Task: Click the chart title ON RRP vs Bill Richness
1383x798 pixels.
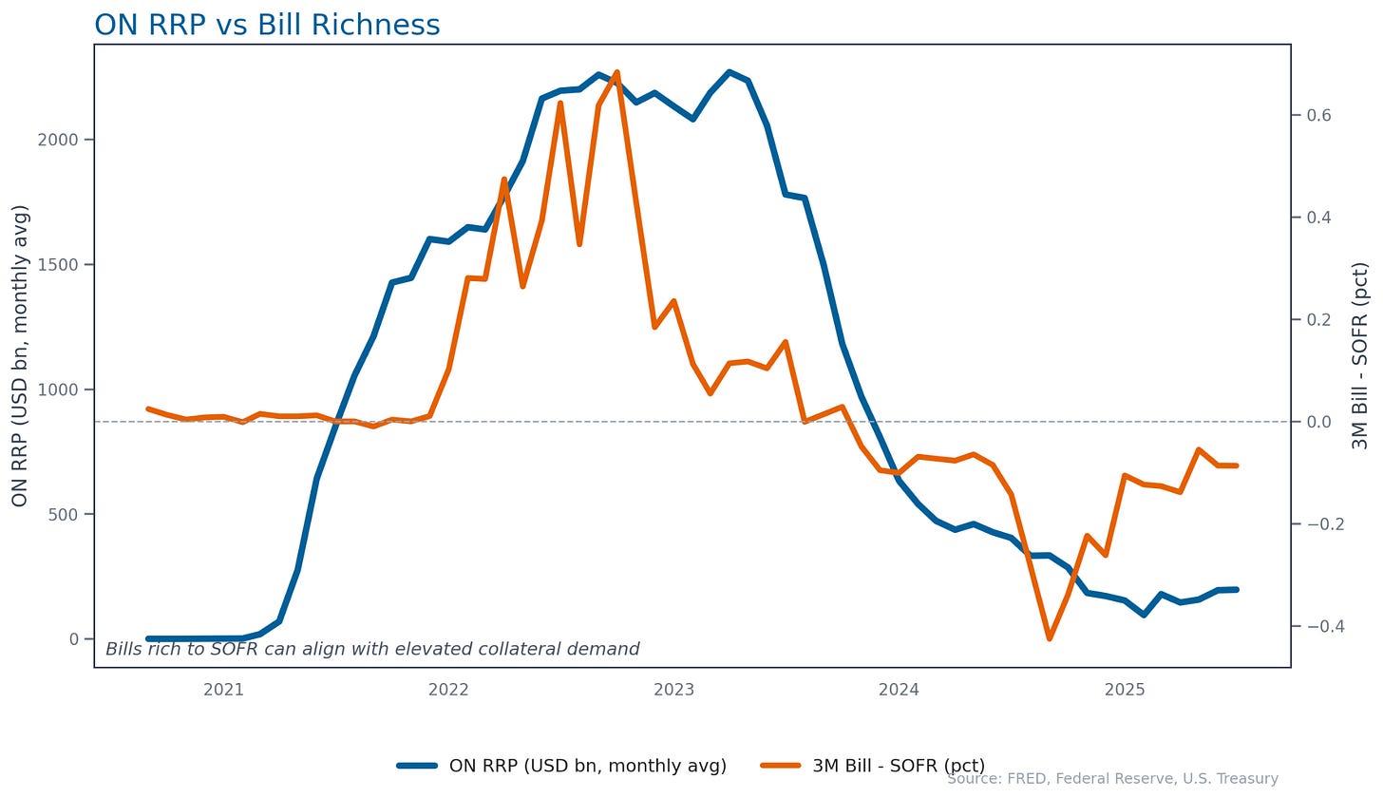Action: [x=267, y=26]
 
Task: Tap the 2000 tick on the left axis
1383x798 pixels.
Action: [x=58, y=140]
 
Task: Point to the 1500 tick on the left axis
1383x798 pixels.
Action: [x=58, y=265]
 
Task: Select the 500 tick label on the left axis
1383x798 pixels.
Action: [x=64, y=515]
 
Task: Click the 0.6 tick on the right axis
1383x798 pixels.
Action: [x=1318, y=116]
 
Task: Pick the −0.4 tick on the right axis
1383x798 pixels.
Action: [x=1313, y=626]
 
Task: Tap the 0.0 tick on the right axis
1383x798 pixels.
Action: [x=1318, y=422]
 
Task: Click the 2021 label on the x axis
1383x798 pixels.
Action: [x=223, y=690]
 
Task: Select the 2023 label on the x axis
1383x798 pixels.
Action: [x=674, y=690]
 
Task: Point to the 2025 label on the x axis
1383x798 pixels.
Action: [x=1125, y=690]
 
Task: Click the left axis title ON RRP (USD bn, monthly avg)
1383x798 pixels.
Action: [x=20, y=355]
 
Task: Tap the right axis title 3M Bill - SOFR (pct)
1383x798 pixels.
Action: [x=1359, y=355]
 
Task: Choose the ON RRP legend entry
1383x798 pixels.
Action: [x=562, y=766]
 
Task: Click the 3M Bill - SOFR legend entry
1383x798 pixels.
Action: [x=872, y=766]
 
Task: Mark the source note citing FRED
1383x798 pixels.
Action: [x=1112, y=778]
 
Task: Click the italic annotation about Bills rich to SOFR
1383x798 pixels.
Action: [x=372, y=649]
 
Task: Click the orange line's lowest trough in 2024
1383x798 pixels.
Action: [x=1049, y=638]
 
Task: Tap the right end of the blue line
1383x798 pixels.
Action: [x=1237, y=589]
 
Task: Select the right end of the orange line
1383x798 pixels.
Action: [x=1237, y=465]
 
